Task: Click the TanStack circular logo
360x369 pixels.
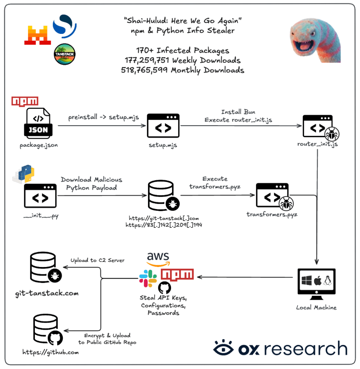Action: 65,54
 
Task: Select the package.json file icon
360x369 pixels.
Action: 38,123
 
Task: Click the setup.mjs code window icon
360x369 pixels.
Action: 163,126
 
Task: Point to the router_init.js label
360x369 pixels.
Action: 318,144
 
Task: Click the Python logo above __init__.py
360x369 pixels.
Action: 23,174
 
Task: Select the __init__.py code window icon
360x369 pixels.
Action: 40,196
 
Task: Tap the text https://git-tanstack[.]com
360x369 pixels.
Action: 164,218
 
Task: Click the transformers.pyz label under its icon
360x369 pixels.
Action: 272,214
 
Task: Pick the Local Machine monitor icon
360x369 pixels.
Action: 316,284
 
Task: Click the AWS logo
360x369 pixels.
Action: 158,259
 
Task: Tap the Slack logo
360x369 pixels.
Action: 148,279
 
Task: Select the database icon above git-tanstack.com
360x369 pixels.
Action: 46,267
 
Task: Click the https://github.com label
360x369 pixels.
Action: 50,352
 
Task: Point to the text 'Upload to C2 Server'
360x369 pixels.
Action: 98,260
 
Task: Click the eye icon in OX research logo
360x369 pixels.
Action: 224,347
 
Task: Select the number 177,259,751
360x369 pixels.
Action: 147,60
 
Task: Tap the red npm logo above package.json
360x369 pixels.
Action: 25,101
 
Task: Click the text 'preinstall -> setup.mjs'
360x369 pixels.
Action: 103,117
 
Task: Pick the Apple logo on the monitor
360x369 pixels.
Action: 318,280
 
